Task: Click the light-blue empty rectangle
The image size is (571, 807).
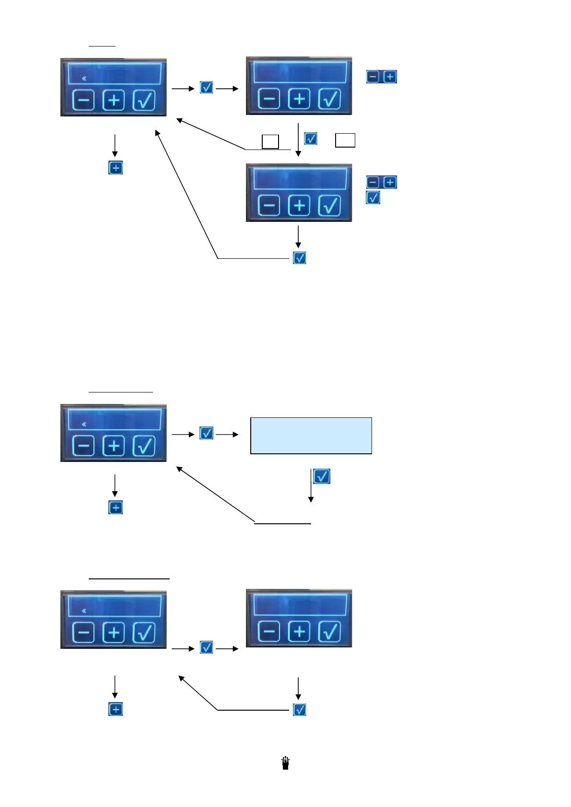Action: tap(311, 436)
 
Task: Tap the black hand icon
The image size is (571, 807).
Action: tap(286, 763)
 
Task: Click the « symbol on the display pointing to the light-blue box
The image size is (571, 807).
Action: tap(84, 424)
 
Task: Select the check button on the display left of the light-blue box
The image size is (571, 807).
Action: tap(144, 446)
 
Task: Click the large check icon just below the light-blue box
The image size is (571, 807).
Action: tap(321, 476)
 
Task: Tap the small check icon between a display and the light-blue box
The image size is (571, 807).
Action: tap(206, 433)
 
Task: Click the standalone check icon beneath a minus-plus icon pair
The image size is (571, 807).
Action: tap(373, 197)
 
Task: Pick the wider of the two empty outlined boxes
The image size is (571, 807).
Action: tap(345, 140)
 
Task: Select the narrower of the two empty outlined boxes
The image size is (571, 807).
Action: tap(270, 142)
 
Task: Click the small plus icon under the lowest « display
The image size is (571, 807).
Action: tap(116, 709)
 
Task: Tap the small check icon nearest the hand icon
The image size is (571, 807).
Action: tap(300, 710)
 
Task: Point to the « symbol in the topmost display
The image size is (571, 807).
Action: tap(84, 78)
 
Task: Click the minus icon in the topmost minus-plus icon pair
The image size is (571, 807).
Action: tap(373, 77)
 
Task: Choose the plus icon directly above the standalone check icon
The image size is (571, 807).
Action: tap(390, 182)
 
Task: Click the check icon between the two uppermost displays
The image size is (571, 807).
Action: tap(206, 88)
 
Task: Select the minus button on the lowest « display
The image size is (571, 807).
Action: tap(83, 633)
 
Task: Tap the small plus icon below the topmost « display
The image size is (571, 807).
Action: tap(116, 168)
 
